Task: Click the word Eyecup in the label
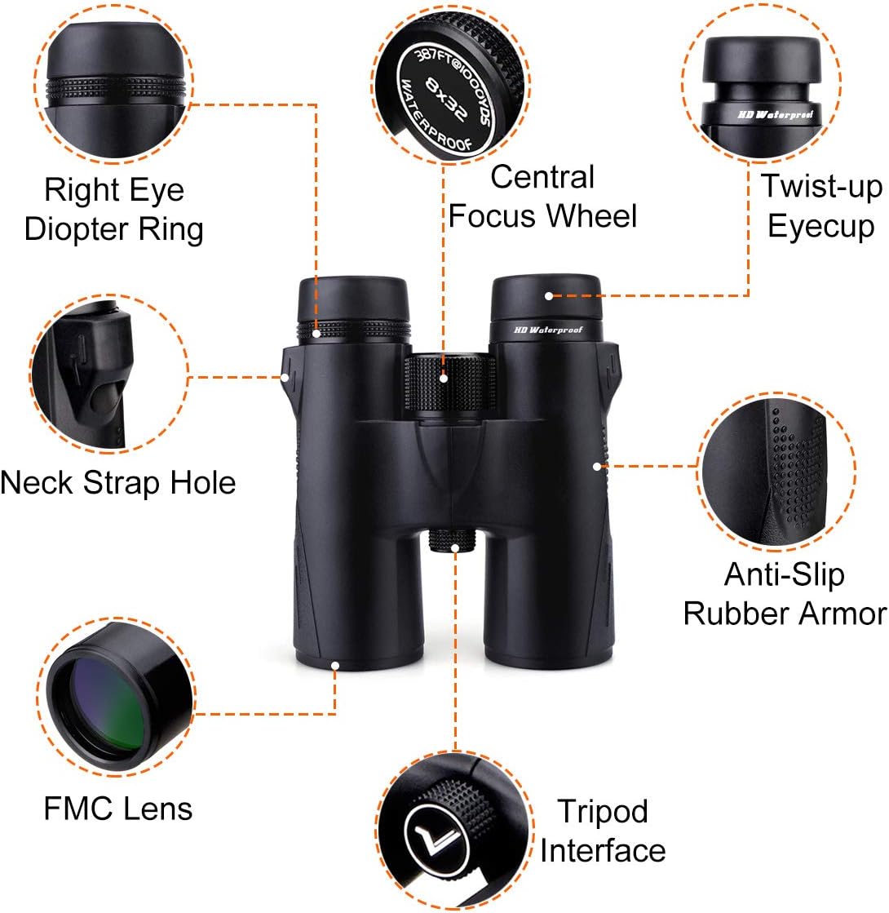coord(820,227)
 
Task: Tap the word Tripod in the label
coord(603,813)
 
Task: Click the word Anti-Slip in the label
coord(785,575)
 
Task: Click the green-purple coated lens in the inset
coord(104,705)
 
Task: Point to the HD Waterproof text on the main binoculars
coord(548,330)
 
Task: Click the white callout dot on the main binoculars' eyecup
coord(548,296)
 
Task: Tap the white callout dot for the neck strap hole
coord(285,377)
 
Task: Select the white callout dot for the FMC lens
coord(335,666)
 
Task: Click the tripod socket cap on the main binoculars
coord(453,540)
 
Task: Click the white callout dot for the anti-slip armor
coord(597,467)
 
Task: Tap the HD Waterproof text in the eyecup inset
coord(775,115)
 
